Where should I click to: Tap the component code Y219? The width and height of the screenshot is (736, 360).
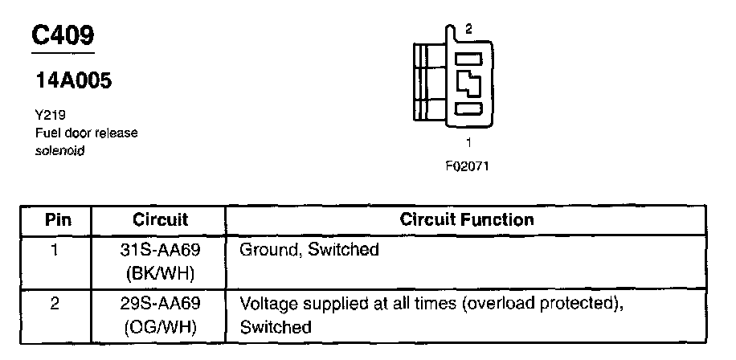[50, 115]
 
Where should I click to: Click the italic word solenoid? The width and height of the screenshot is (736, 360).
[59, 150]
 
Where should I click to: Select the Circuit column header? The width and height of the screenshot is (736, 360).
[160, 219]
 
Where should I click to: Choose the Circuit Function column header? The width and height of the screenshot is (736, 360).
[466, 219]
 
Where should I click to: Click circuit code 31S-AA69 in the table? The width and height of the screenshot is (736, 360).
[160, 250]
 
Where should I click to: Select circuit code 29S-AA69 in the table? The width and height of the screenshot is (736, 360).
[160, 305]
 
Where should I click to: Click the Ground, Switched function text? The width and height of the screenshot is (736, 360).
[309, 250]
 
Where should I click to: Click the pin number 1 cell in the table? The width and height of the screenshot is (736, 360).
[55, 250]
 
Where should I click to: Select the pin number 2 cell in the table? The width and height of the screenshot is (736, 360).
[55, 305]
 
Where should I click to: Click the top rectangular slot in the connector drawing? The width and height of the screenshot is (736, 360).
[469, 58]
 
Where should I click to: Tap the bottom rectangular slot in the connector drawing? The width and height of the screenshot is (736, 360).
[469, 108]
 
